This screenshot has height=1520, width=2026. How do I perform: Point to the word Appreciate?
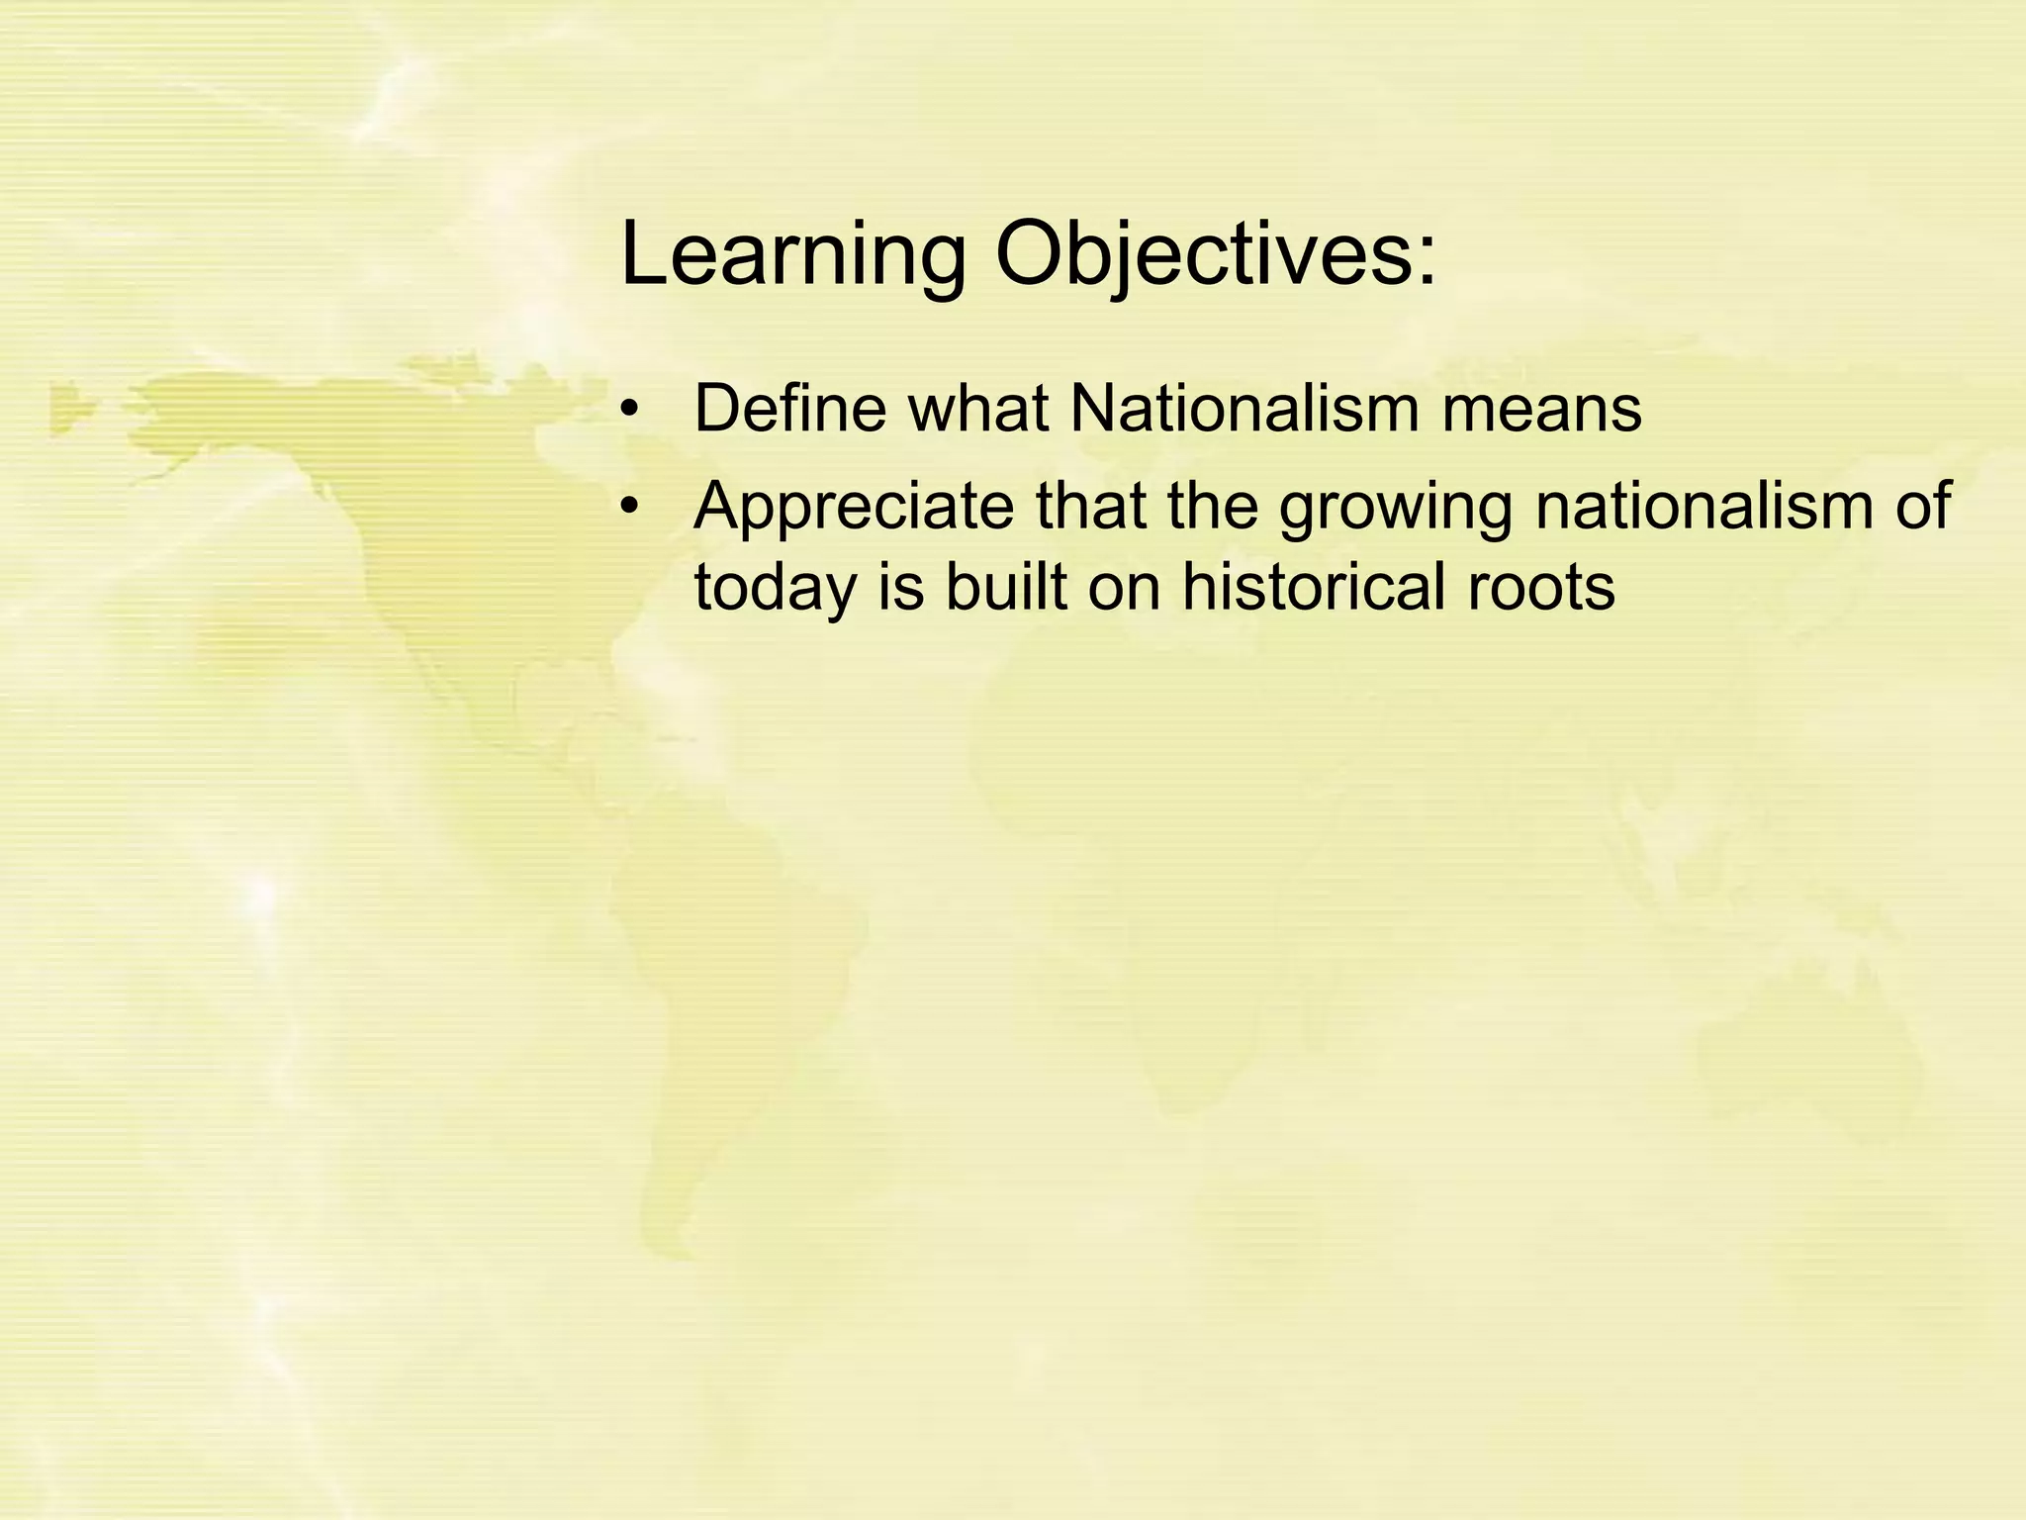[854, 507]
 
